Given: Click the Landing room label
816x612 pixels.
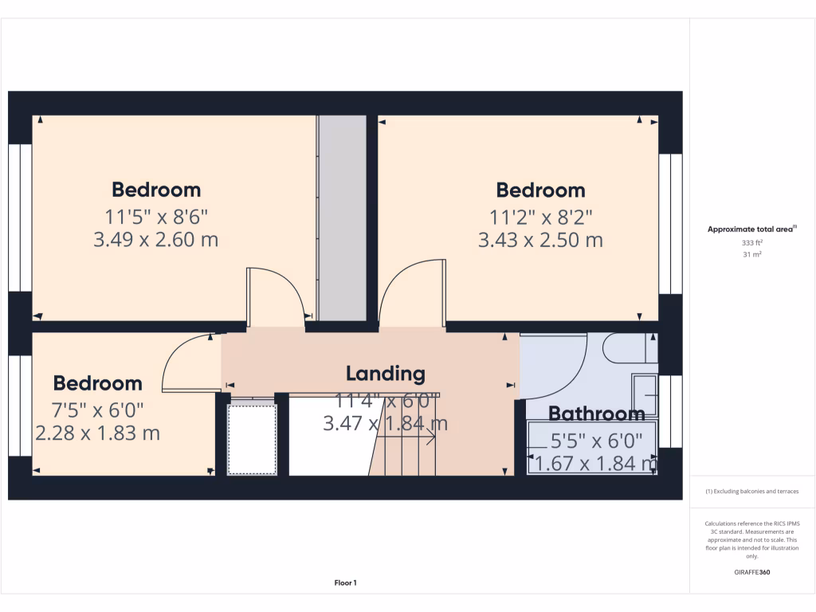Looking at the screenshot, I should [x=385, y=373].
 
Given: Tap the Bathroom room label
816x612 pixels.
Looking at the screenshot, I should [x=596, y=414].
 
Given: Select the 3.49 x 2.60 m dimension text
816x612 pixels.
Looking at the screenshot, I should [x=155, y=239].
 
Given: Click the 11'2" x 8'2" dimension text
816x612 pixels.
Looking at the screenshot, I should [x=540, y=215].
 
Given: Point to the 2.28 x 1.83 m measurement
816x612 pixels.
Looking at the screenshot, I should [x=97, y=433].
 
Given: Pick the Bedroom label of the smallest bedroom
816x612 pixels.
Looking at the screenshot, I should [x=97, y=383].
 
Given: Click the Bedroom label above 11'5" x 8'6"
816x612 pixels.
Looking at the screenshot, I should [x=155, y=190].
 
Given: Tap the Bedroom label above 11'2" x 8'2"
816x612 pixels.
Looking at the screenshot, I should [x=540, y=190].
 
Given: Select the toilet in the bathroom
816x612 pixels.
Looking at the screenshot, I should [x=630, y=348].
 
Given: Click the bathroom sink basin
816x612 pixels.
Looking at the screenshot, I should [x=645, y=394].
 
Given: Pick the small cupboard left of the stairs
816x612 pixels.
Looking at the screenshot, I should [x=252, y=437].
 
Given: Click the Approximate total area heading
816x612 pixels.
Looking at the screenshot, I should [x=751, y=229].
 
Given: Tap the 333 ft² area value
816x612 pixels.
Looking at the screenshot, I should [x=751, y=242].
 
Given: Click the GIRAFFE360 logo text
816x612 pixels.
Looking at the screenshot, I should [x=751, y=572].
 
